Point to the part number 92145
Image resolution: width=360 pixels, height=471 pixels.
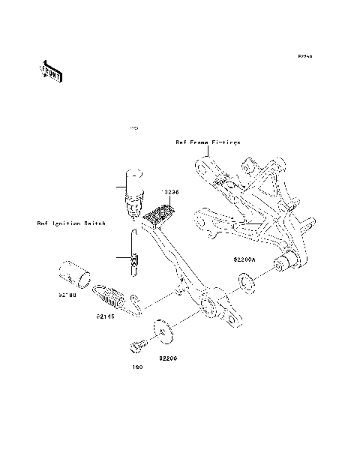[105, 316]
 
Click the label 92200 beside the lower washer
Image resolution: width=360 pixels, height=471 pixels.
[168, 358]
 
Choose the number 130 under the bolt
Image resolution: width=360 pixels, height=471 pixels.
[137, 367]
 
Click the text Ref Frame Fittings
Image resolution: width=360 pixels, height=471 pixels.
[208, 141]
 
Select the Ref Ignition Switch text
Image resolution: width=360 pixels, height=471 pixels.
[70, 223]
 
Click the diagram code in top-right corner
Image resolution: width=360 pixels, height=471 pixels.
[304, 56]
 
